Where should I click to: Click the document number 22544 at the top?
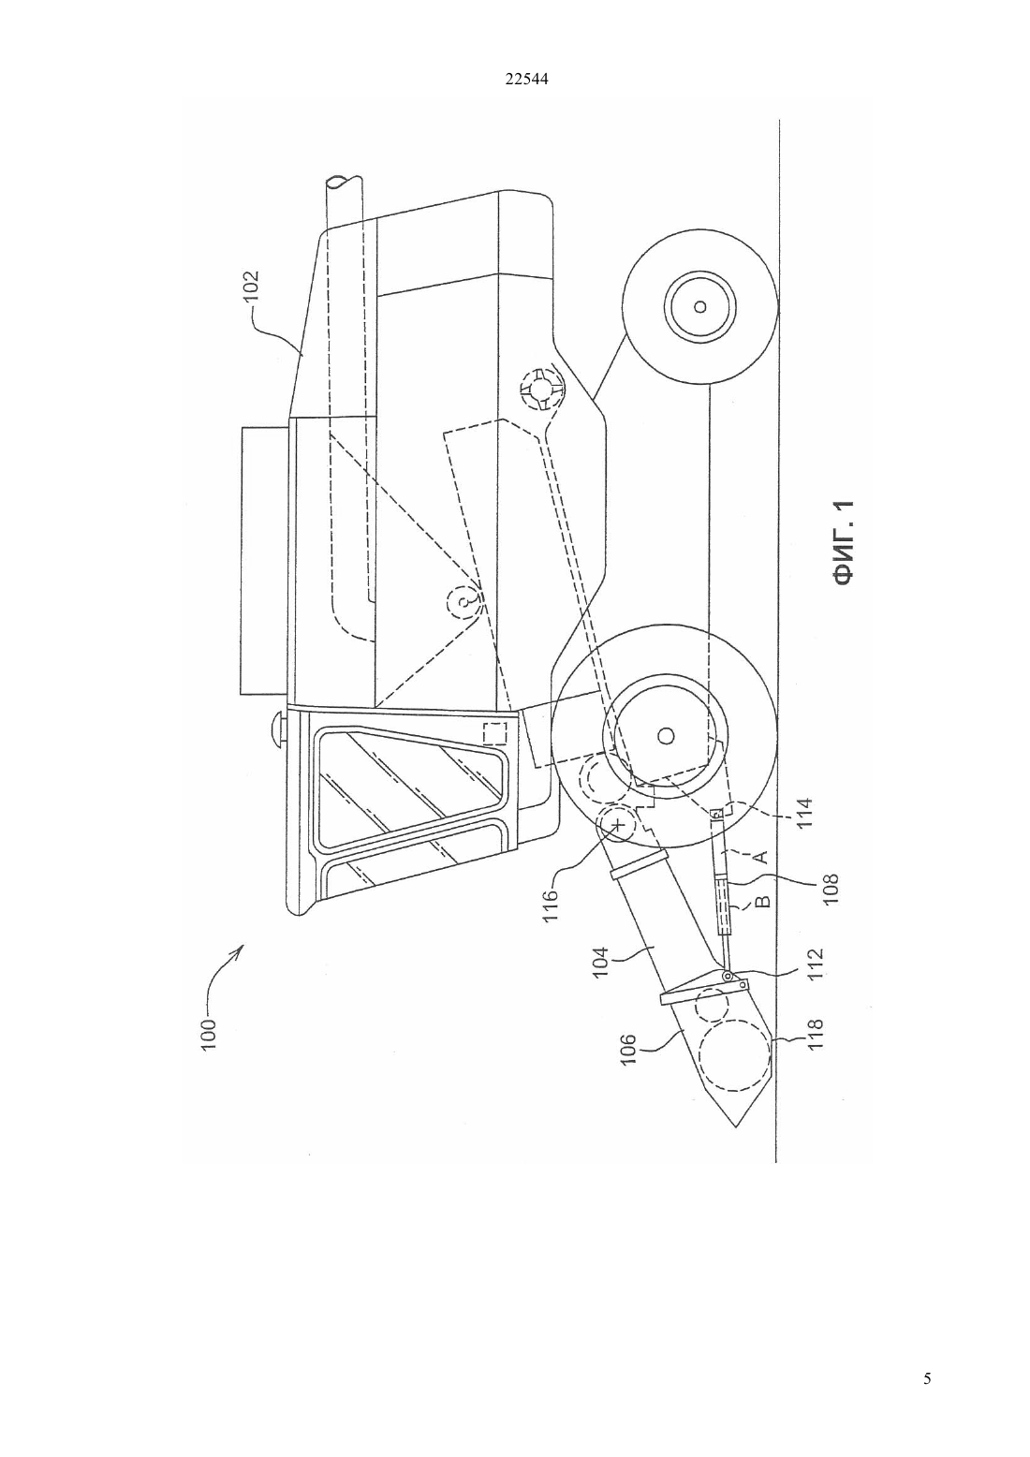526,79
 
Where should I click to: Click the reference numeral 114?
805,814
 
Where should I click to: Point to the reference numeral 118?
816,1034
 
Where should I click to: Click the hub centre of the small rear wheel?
699,306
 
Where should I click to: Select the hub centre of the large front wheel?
665,736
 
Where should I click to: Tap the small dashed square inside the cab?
494,733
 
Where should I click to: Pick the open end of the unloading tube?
346,182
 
